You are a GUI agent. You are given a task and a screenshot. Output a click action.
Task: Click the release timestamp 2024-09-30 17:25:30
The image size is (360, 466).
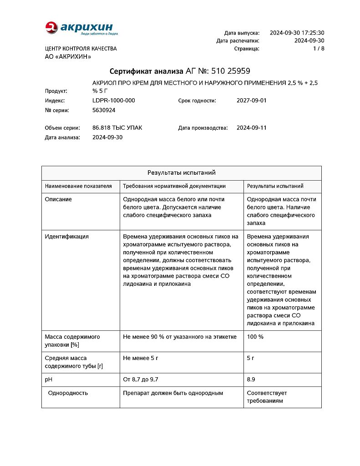297,33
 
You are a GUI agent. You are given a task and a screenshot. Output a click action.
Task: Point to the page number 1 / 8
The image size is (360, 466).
318,48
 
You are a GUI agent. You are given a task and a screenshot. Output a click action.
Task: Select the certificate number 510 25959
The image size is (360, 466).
231,71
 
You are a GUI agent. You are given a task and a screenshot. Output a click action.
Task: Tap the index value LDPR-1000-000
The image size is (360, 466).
113,101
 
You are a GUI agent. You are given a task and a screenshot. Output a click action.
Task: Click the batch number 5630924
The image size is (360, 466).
104,110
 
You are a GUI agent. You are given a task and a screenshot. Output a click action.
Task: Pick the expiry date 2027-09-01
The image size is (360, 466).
252,101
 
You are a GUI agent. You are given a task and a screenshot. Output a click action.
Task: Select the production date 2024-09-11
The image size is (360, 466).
252,128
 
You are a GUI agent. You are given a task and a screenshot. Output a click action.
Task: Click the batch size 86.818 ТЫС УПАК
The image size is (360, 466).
117,128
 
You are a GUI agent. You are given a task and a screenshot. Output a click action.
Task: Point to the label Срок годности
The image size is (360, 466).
197,101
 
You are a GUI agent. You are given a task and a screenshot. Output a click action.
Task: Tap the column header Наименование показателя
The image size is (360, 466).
78,186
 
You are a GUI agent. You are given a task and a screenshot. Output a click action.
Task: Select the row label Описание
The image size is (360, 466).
58,199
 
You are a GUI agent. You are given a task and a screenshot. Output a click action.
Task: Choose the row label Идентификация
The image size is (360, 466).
67,237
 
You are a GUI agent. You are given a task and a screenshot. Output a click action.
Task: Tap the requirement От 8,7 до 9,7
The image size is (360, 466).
141,380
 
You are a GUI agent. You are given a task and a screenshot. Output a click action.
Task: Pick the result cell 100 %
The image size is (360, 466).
255,337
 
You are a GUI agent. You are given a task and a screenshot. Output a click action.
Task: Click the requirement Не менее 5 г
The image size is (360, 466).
141,358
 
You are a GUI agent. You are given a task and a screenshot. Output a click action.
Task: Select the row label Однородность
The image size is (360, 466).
68,393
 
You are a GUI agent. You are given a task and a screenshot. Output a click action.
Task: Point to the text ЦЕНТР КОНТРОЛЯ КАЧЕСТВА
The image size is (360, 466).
81,49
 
